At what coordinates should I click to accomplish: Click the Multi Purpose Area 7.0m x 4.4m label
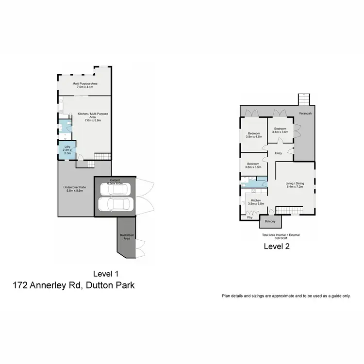[85, 85]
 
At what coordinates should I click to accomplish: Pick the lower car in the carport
[117, 204]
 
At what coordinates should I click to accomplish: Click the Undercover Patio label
[74, 189]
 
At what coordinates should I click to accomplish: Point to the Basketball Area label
[126, 237]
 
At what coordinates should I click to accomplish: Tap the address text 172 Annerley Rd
[47, 285]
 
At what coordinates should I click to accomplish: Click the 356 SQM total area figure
[281, 238]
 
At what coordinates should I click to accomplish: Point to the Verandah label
[305, 113]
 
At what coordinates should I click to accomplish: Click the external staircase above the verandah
[304, 99]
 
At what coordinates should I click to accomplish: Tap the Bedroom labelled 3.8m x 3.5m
[252, 166]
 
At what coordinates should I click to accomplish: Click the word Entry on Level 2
[278, 154]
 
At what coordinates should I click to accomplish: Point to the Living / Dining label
[295, 184]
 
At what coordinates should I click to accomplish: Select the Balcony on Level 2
[270, 222]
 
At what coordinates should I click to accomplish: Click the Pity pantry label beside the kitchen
[250, 218]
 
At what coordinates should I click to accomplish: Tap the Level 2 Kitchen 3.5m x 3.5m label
[256, 202]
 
